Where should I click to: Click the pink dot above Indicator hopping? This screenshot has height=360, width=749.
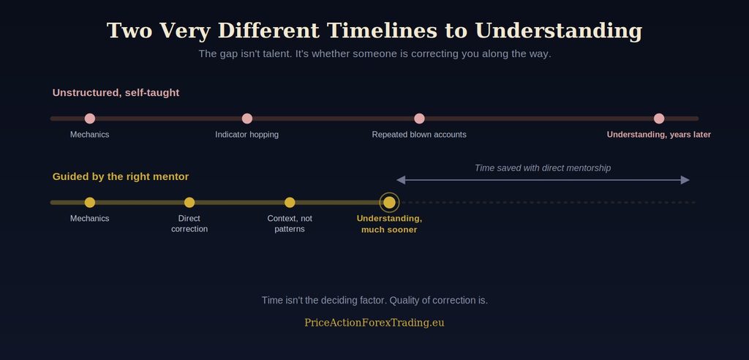pos(247,119)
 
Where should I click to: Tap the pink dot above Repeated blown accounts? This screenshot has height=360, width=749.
pos(419,119)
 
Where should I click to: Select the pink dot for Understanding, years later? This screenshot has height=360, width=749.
pos(659,119)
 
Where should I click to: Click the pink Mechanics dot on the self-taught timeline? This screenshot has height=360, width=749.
pos(90,119)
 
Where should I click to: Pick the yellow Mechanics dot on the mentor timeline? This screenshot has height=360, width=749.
pos(90,202)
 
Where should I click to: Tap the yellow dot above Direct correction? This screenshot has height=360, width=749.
pos(189,202)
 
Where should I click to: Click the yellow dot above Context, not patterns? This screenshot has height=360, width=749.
pos(290,202)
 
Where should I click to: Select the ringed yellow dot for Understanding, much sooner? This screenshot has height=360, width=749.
pos(389,202)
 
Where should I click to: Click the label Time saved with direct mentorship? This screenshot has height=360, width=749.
pos(543,168)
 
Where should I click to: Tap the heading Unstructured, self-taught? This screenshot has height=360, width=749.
pos(116,93)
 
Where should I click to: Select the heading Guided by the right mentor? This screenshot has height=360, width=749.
pos(121,177)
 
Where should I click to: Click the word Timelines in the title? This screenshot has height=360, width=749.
pos(382,31)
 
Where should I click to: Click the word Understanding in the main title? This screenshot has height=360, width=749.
pos(559,31)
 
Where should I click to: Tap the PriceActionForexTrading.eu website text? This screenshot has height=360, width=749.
pos(374,323)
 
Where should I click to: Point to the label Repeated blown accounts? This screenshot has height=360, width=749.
pos(419,135)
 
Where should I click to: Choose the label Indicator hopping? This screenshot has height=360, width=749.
pos(247,135)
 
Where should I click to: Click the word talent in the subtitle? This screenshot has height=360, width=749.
pos(277,53)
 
